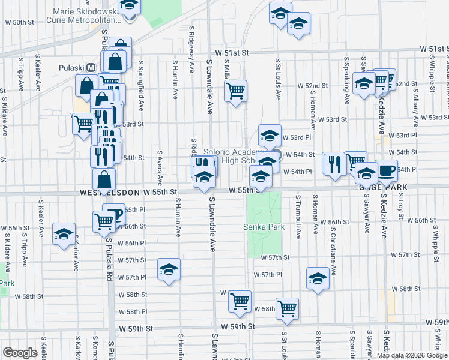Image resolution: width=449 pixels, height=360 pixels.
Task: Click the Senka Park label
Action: click(264, 227)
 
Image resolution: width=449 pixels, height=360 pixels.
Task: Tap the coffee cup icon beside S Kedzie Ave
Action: click(386, 170)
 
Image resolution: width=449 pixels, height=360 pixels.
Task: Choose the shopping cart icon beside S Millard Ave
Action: click(236, 91)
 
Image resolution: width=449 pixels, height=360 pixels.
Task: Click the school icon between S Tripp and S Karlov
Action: click(64, 234)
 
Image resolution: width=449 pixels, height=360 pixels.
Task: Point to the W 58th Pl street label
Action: click(132, 312)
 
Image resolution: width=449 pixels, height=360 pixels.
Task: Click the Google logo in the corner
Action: click(20, 353)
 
